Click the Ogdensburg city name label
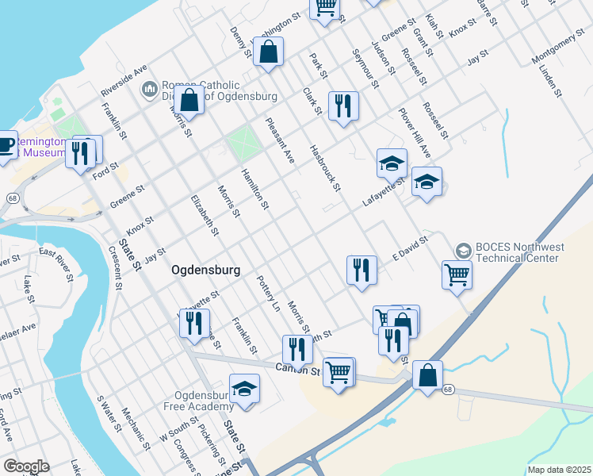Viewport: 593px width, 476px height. tap(205, 270)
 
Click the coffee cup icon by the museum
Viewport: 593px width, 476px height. tap(6, 145)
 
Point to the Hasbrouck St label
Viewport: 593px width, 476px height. tap(325, 167)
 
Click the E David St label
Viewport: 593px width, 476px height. tap(411, 248)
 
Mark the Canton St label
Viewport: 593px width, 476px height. tap(296, 370)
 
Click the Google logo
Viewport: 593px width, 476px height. tap(26, 466)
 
